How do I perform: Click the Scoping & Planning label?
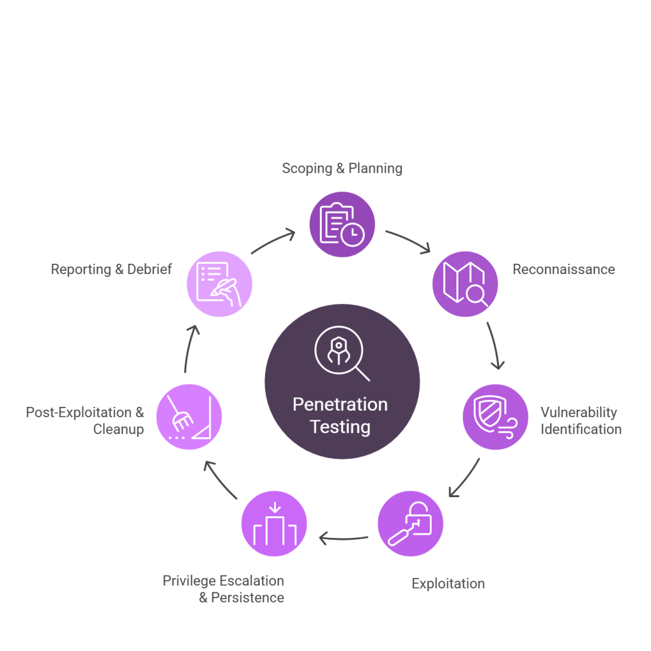342,168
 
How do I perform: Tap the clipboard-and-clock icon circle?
342,224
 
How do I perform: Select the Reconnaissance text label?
563,270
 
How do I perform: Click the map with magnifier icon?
465,284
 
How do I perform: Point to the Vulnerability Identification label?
580,420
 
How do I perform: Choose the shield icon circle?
495,417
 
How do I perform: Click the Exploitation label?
448,584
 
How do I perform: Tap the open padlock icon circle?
410,524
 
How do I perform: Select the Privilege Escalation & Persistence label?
224,589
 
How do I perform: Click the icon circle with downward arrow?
274,524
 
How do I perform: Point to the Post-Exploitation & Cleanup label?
85,420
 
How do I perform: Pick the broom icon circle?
189,417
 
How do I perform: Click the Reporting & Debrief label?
111,270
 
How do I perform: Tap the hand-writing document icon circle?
219,284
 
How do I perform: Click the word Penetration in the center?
339,405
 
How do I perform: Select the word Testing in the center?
340,427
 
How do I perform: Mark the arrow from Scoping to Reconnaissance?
409,241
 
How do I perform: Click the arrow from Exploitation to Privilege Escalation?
343,539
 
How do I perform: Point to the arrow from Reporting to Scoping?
273,241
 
